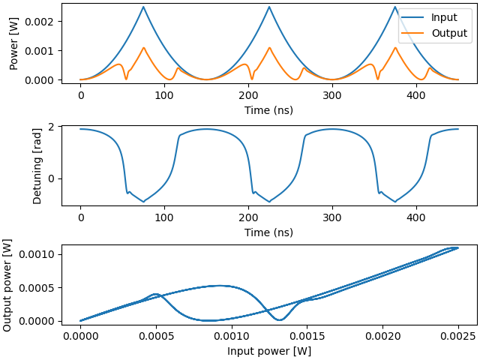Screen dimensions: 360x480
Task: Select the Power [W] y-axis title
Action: (13, 43)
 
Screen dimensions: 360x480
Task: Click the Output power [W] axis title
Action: (7, 285)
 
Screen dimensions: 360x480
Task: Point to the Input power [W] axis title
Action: (268, 351)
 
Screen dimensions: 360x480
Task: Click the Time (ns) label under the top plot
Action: (268, 110)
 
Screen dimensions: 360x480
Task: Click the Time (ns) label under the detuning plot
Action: (268, 232)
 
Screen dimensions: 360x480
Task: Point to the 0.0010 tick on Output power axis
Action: (37, 255)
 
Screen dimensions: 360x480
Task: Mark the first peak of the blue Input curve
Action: (143, 7)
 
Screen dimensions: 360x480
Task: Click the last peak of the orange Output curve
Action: (395, 48)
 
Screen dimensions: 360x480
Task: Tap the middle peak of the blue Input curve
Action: (269, 7)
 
